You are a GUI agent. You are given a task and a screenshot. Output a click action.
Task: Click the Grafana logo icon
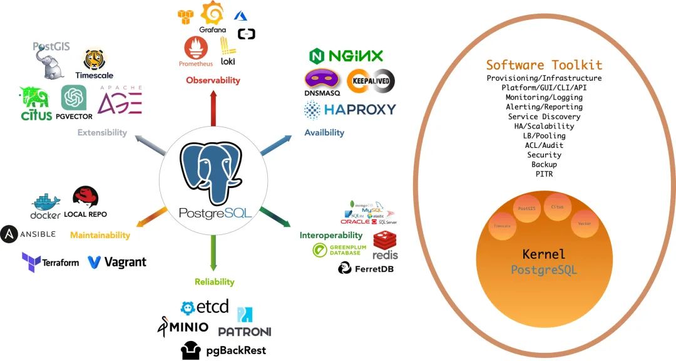213,14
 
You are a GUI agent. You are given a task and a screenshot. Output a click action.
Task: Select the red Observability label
213,80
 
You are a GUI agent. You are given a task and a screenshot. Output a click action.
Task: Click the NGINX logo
346,56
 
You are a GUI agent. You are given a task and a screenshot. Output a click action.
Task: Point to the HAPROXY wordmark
360,110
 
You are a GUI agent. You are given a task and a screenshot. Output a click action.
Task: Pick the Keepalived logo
371,81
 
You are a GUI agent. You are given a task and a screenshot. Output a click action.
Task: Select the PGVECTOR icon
74,98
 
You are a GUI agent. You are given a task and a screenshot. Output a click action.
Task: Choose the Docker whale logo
46,202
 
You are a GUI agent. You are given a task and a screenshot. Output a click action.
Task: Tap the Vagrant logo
117,262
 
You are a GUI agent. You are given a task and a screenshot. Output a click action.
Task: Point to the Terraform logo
50,261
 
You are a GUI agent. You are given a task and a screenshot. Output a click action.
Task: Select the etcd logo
205,308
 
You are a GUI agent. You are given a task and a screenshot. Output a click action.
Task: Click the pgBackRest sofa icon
191,350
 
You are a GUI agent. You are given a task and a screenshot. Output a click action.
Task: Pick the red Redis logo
385,241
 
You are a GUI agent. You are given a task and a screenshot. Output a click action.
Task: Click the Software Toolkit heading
544,65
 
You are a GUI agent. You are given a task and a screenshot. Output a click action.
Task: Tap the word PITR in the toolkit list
544,174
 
